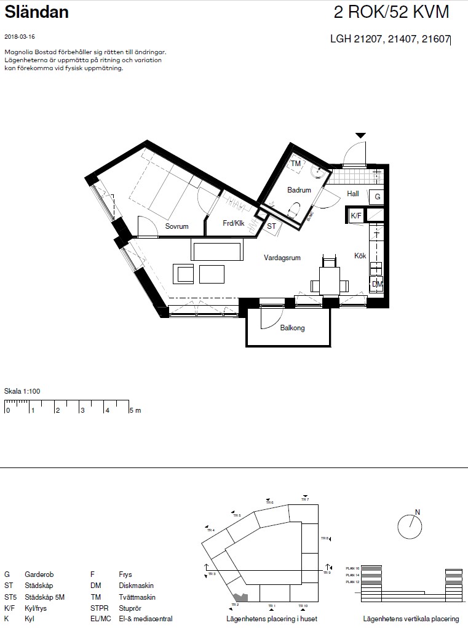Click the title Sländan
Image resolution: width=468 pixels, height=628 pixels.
click(x=37, y=12)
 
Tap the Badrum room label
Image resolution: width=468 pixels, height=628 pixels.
click(x=299, y=190)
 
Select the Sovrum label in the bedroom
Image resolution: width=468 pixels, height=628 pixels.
click(x=176, y=226)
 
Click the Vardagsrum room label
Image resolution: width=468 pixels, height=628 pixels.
click(x=282, y=258)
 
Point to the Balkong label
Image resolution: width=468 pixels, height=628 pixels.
click(x=292, y=328)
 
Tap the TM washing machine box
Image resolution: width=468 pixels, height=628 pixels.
click(x=296, y=164)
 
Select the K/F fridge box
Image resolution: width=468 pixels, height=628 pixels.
click(x=356, y=216)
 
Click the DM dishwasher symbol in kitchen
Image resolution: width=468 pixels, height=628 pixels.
click(x=376, y=284)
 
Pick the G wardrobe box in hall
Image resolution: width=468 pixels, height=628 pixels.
click(x=377, y=197)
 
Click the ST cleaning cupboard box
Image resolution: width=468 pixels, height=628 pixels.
click(x=271, y=226)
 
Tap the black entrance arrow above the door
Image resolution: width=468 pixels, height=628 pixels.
click(x=360, y=135)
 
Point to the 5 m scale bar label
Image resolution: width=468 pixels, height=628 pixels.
click(x=135, y=410)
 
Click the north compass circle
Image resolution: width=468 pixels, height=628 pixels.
click(x=410, y=525)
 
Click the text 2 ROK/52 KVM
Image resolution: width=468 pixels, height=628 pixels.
click(x=391, y=12)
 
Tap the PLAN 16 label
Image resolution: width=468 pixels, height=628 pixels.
click(x=352, y=568)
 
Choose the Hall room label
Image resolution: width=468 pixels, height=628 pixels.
click(x=353, y=194)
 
